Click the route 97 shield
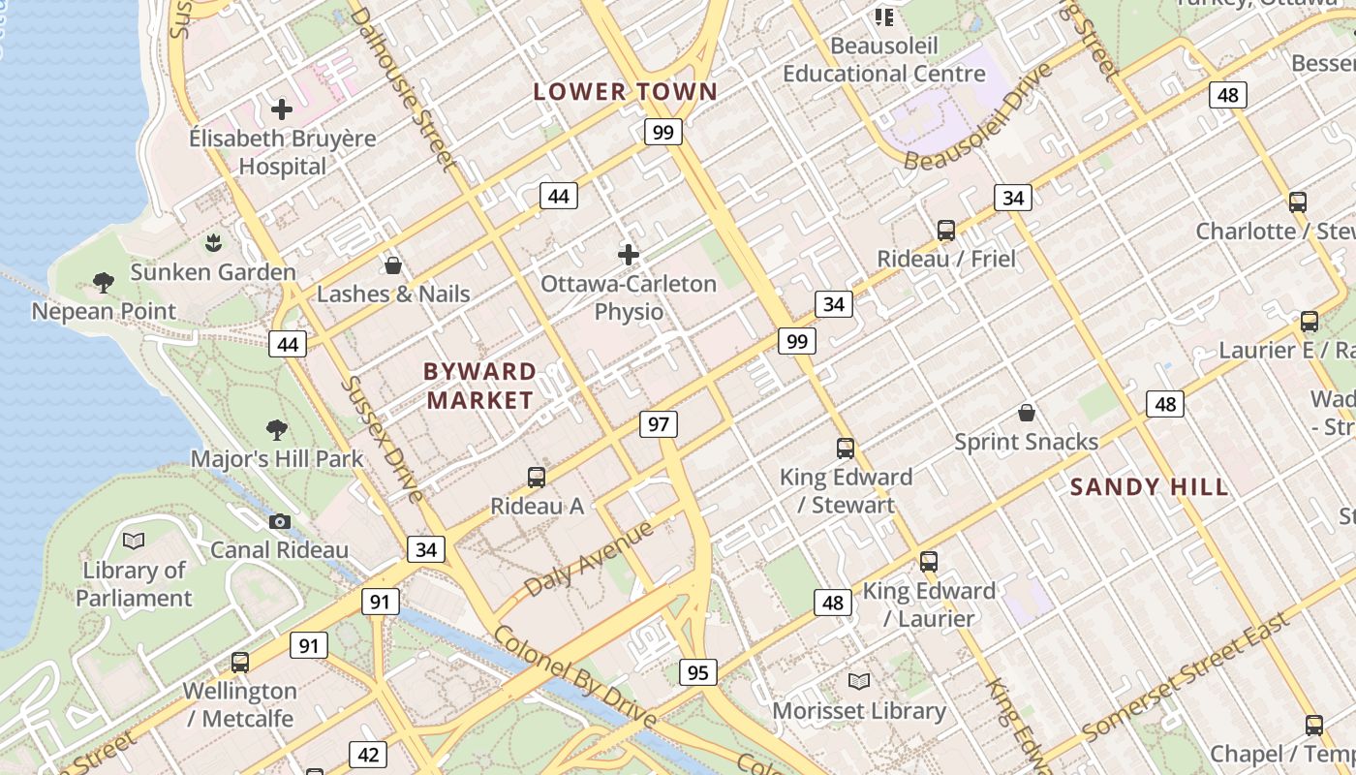[659, 424]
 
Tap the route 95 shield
[698, 672]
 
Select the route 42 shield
[368, 755]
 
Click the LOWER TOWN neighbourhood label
[626, 92]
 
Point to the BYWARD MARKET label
[480, 386]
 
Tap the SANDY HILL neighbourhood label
[1150, 487]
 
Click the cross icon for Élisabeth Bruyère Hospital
[282, 109]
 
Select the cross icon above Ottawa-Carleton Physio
[629, 255]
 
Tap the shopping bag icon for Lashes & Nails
[393, 265]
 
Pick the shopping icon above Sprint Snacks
[1027, 414]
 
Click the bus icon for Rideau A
[537, 477]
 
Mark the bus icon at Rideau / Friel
[946, 231]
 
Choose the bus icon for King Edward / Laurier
[929, 562]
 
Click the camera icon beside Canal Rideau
[280, 522]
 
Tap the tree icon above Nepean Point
[104, 283]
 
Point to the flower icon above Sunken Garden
[214, 242]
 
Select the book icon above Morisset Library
[859, 682]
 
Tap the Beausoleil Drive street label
[978, 118]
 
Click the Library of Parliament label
[134, 584]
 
